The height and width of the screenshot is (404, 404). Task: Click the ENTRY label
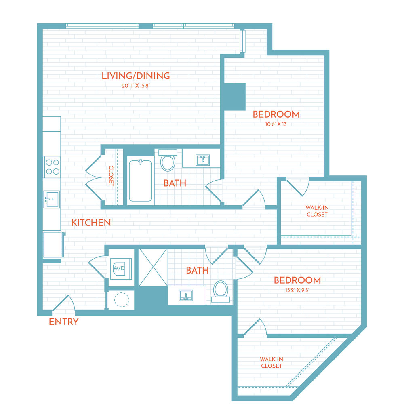[63, 322]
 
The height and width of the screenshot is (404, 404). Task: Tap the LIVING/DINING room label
[135, 76]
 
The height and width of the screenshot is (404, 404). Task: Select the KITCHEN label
[91, 222]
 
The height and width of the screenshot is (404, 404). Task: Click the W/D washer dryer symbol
[119, 268]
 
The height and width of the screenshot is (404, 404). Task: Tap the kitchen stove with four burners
[52, 167]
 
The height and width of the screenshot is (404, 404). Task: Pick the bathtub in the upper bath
[141, 181]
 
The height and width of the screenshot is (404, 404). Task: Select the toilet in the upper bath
[168, 161]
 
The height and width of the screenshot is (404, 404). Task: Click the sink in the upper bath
[202, 160]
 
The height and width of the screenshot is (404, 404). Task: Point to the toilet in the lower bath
[220, 290]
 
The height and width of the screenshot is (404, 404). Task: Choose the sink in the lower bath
[186, 295]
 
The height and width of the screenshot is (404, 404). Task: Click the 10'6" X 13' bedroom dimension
[276, 124]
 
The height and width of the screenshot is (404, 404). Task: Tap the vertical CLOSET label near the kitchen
[111, 176]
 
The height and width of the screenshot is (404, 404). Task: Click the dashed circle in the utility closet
[121, 300]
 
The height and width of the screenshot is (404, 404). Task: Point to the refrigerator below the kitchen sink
[52, 244]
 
